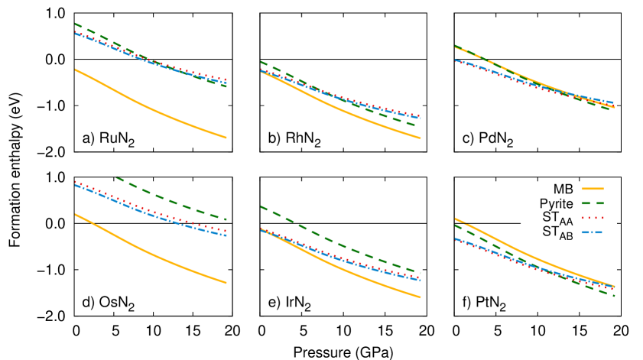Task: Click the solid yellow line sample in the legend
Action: point(592,188)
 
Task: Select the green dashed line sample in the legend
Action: point(592,203)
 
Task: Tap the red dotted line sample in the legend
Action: point(592,218)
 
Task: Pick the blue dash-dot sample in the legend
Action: point(592,232)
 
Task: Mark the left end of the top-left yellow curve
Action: point(75,70)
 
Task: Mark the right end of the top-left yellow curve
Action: point(226,138)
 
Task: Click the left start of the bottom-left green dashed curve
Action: point(116,177)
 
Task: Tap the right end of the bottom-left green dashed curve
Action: point(226,219)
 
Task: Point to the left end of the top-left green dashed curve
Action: point(75,24)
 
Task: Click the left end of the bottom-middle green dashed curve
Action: point(261,206)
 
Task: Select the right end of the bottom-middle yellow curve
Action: point(420,297)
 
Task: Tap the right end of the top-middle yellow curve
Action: point(420,138)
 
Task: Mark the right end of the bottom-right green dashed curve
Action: point(613,295)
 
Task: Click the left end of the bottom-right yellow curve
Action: point(455,219)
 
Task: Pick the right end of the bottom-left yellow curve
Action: point(226,283)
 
